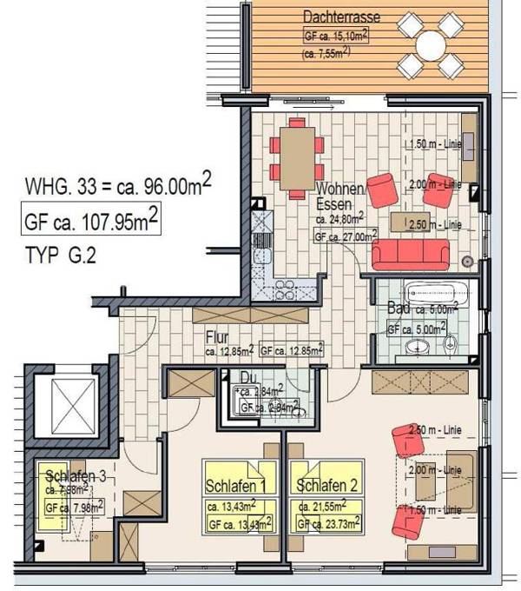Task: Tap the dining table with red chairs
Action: (x=297, y=157)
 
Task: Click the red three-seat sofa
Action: (x=410, y=255)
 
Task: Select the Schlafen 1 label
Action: (x=234, y=486)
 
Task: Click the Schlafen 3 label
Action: (x=76, y=475)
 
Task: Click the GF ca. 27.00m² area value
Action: (x=346, y=236)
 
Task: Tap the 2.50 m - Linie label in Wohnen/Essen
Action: (x=434, y=224)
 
